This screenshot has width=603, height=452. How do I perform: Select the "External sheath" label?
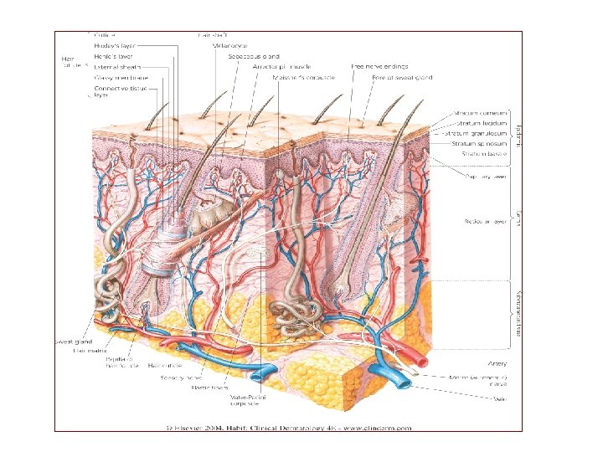pyautogui.click(x=118, y=65)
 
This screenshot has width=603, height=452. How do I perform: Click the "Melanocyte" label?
pyautogui.click(x=230, y=45)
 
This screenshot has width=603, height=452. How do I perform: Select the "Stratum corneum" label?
pyautogui.click(x=479, y=112)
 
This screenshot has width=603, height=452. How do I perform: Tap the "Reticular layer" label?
pyautogui.click(x=485, y=222)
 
